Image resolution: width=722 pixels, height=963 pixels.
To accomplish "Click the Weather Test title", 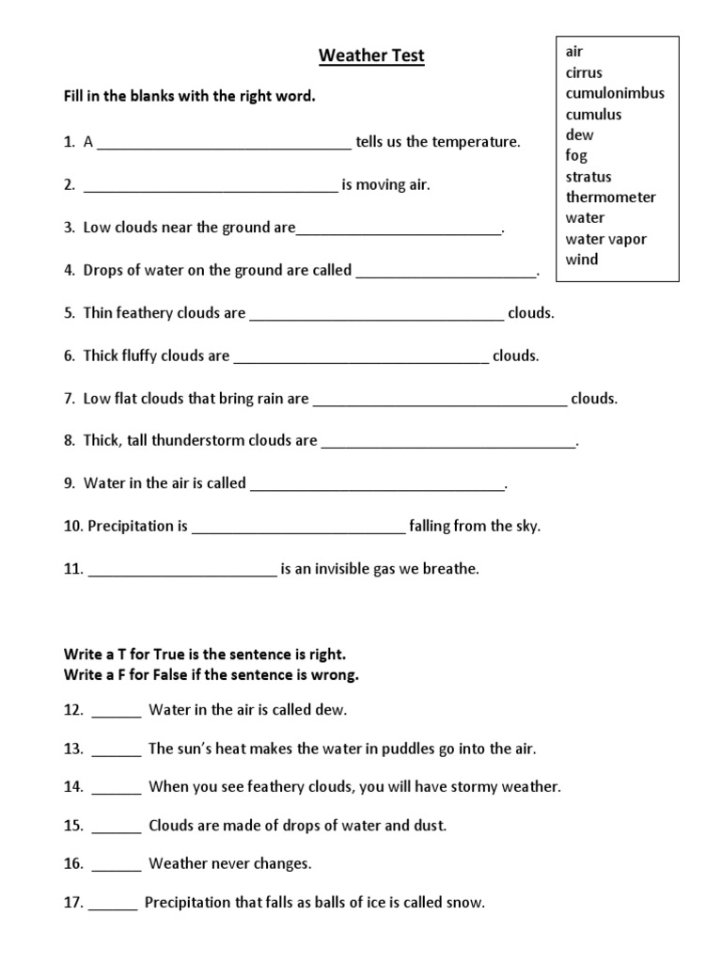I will tap(371, 56).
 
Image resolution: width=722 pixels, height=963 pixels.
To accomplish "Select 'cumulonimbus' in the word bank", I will tap(615, 93).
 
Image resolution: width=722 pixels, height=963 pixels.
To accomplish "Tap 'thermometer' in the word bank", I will tap(610, 197).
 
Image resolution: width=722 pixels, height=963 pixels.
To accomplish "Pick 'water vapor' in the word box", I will tap(605, 239).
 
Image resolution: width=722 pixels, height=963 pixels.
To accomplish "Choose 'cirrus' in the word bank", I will tap(584, 72).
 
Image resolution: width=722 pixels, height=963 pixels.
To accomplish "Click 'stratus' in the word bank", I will tap(588, 176).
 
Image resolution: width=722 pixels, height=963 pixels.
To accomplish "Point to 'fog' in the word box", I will tap(575, 155).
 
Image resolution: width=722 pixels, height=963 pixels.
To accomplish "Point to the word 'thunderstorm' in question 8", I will tap(208, 440).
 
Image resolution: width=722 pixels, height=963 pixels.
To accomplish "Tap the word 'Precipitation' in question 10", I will tap(138, 526).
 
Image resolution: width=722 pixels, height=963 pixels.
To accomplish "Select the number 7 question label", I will tap(70, 398).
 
